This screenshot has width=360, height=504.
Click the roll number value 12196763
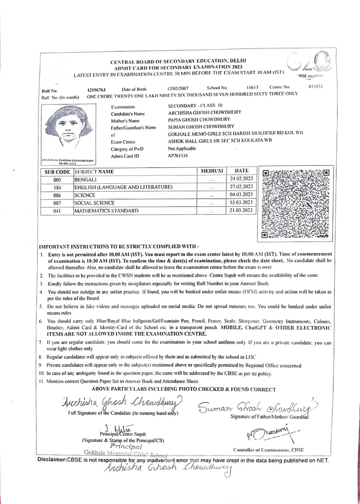pos(97,90)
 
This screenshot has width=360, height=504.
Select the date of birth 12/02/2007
pos(177,88)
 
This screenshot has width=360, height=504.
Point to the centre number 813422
pos(316,86)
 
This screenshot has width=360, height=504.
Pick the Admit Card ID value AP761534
pos(178,155)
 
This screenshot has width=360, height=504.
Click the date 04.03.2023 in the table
pos(241,194)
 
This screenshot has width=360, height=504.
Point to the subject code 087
pos(57,203)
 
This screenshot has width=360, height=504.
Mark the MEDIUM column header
pos(212,171)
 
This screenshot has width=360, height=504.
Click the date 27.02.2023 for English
pos(241,186)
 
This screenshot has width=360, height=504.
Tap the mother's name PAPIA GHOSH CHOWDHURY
pos(199,120)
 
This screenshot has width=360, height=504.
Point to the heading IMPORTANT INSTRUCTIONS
pos(119,246)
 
